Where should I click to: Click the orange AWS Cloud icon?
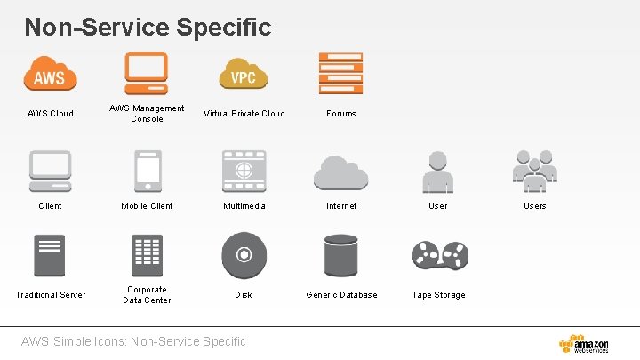tap(50, 73)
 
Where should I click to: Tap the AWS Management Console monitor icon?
tap(147, 72)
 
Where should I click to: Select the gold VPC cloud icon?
tap(244, 74)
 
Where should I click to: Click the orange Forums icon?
tap(340, 73)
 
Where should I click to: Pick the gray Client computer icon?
tap(50, 170)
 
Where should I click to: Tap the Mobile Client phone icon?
tap(147, 170)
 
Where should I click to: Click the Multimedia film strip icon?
tap(244, 170)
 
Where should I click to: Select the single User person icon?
tap(437, 170)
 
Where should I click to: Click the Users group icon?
tap(534, 170)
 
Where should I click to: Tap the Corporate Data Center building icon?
tap(147, 256)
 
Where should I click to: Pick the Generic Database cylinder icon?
tap(340, 256)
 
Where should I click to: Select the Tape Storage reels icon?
tap(439, 256)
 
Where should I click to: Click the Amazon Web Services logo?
tap(584, 343)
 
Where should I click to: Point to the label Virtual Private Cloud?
tap(244, 114)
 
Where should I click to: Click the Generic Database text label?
tap(341, 295)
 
